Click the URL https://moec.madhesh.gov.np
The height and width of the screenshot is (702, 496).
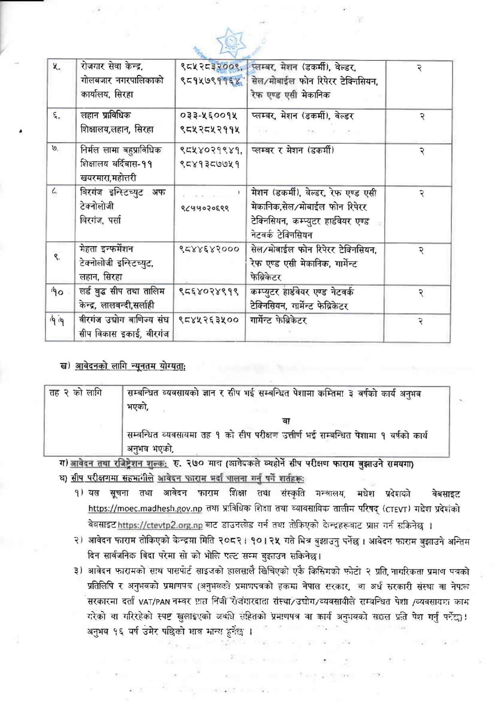(145, 509)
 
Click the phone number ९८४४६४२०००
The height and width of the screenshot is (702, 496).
(209, 249)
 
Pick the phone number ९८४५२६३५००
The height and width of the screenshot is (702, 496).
(209, 320)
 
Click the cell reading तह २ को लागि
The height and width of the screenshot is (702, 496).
(75, 393)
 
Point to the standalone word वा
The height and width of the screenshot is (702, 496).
(286, 421)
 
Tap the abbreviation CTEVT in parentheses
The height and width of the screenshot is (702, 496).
(396, 509)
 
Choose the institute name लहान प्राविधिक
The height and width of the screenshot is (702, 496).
(105, 116)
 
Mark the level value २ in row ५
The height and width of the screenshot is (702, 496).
(419, 69)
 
